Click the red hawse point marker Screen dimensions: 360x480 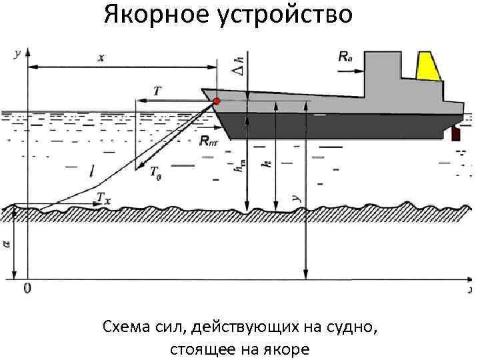(x=216, y=101)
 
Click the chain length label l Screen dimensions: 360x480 (x=91, y=172)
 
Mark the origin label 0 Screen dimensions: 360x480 (x=27, y=289)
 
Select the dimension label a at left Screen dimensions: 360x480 (x=7, y=244)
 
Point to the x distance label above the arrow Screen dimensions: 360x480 (x=101, y=57)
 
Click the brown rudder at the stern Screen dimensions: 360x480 (x=456, y=133)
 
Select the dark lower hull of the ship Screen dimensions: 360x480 (x=333, y=126)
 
